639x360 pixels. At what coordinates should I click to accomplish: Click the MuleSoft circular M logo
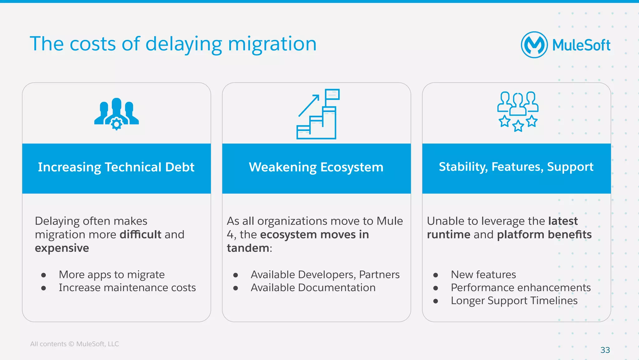pyautogui.click(x=534, y=45)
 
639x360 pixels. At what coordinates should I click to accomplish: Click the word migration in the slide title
pyautogui.click(x=272, y=44)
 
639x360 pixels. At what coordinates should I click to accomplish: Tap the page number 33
pyautogui.click(x=605, y=350)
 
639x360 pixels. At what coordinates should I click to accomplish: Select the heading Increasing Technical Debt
pyautogui.click(x=116, y=167)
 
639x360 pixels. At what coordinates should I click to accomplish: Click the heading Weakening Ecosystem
pyautogui.click(x=316, y=167)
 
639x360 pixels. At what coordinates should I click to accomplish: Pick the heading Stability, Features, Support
pyautogui.click(x=516, y=167)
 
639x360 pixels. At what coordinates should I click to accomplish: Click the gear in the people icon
pyautogui.click(x=116, y=124)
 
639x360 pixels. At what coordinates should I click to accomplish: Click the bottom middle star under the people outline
pyautogui.click(x=518, y=126)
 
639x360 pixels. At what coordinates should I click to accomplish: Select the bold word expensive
pyautogui.click(x=62, y=248)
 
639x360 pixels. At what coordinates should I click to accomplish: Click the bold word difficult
pyautogui.click(x=140, y=234)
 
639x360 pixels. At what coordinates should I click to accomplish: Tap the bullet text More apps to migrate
pyautogui.click(x=111, y=274)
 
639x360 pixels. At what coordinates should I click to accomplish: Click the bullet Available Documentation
pyautogui.click(x=313, y=288)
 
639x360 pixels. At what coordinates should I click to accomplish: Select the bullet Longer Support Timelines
pyautogui.click(x=514, y=301)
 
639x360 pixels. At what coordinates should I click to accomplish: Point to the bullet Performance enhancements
pyautogui.click(x=520, y=288)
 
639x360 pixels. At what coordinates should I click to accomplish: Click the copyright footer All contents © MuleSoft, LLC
pyautogui.click(x=75, y=344)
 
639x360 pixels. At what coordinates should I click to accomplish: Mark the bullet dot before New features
pyautogui.click(x=436, y=275)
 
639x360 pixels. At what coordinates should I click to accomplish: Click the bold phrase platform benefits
pyautogui.click(x=544, y=234)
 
